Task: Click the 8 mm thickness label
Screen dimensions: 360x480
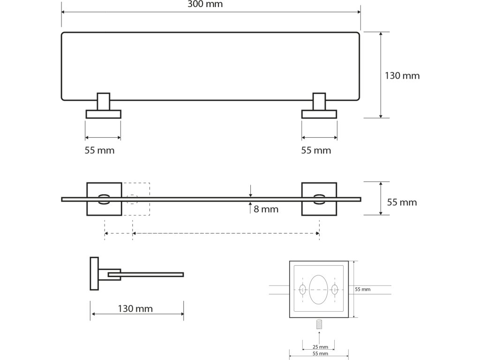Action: (x=266, y=209)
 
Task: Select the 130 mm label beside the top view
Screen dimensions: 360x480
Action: (x=402, y=75)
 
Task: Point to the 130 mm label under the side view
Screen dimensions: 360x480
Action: (x=135, y=309)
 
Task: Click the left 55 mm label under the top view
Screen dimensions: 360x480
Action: (x=99, y=150)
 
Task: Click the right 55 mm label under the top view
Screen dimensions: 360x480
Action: (x=316, y=150)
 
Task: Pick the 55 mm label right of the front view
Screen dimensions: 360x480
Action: (x=402, y=202)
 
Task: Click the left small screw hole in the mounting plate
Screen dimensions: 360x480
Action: (x=302, y=290)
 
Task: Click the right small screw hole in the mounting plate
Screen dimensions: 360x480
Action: (x=335, y=290)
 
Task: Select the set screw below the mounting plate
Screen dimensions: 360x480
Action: (x=319, y=324)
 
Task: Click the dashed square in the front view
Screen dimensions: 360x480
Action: (x=136, y=199)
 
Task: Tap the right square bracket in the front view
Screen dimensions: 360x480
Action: (x=319, y=199)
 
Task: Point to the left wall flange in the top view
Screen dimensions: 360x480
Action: (x=103, y=114)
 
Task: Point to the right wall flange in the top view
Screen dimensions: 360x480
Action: (x=319, y=114)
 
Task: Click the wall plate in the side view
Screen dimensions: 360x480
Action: (x=94, y=273)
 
